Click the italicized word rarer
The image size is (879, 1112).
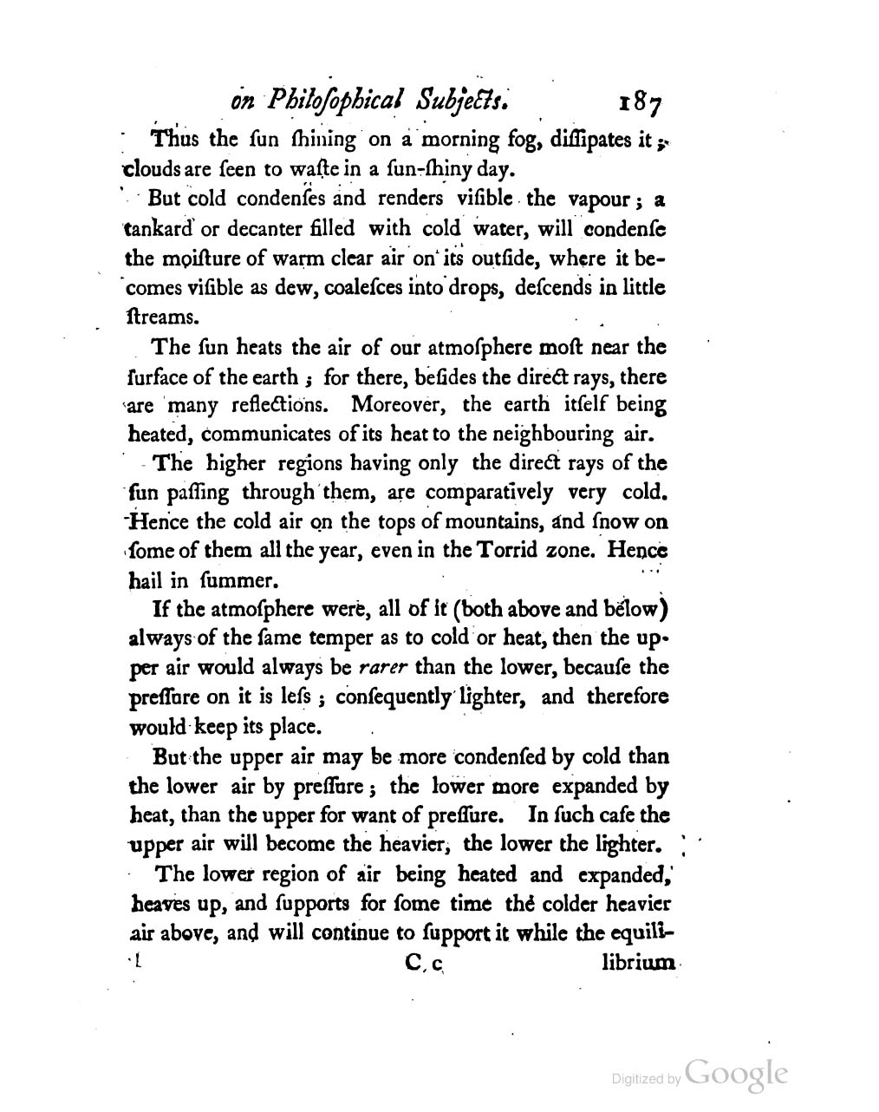coord(385,667)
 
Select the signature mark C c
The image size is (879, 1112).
coord(424,964)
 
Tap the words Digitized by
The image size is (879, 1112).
coord(647,1080)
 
